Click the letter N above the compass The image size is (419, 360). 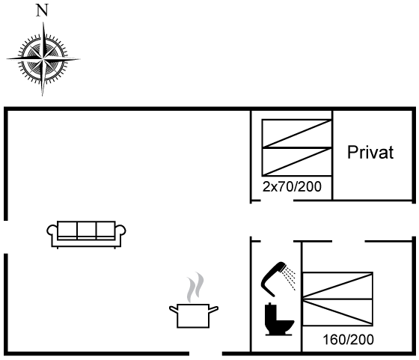pyautogui.click(x=42, y=11)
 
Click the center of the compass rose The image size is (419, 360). pyautogui.click(x=43, y=58)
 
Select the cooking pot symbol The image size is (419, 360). pyautogui.click(x=194, y=315)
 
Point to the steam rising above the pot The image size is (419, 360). pyautogui.click(x=195, y=287)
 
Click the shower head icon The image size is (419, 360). pyautogui.click(x=278, y=278)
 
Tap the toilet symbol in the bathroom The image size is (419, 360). pyautogui.click(x=278, y=319)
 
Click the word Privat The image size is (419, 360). pyautogui.click(x=370, y=153)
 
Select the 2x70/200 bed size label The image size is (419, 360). pyautogui.click(x=292, y=186)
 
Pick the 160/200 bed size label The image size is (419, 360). pyautogui.click(x=348, y=340)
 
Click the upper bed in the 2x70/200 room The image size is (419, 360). pyautogui.click(x=297, y=133)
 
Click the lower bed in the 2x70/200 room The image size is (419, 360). pyautogui.click(x=297, y=162)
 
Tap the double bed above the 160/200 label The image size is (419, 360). pyautogui.click(x=337, y=299)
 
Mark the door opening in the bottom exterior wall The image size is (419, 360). pyautogui.click(x=206, y=353)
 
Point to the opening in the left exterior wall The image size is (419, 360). pyautogui.click(x=6, y=237)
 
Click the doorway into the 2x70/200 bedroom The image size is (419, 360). pyautogui.click(x=277, y=200)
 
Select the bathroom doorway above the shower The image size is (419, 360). pyautogui.click(x=277, y=241)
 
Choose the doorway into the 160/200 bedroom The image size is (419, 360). pyautogui.click(x=349, y=241)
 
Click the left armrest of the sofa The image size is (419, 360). pyautogui.click(x=52, y=231)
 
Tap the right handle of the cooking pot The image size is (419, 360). pyautogui.click(x=213, y=310)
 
